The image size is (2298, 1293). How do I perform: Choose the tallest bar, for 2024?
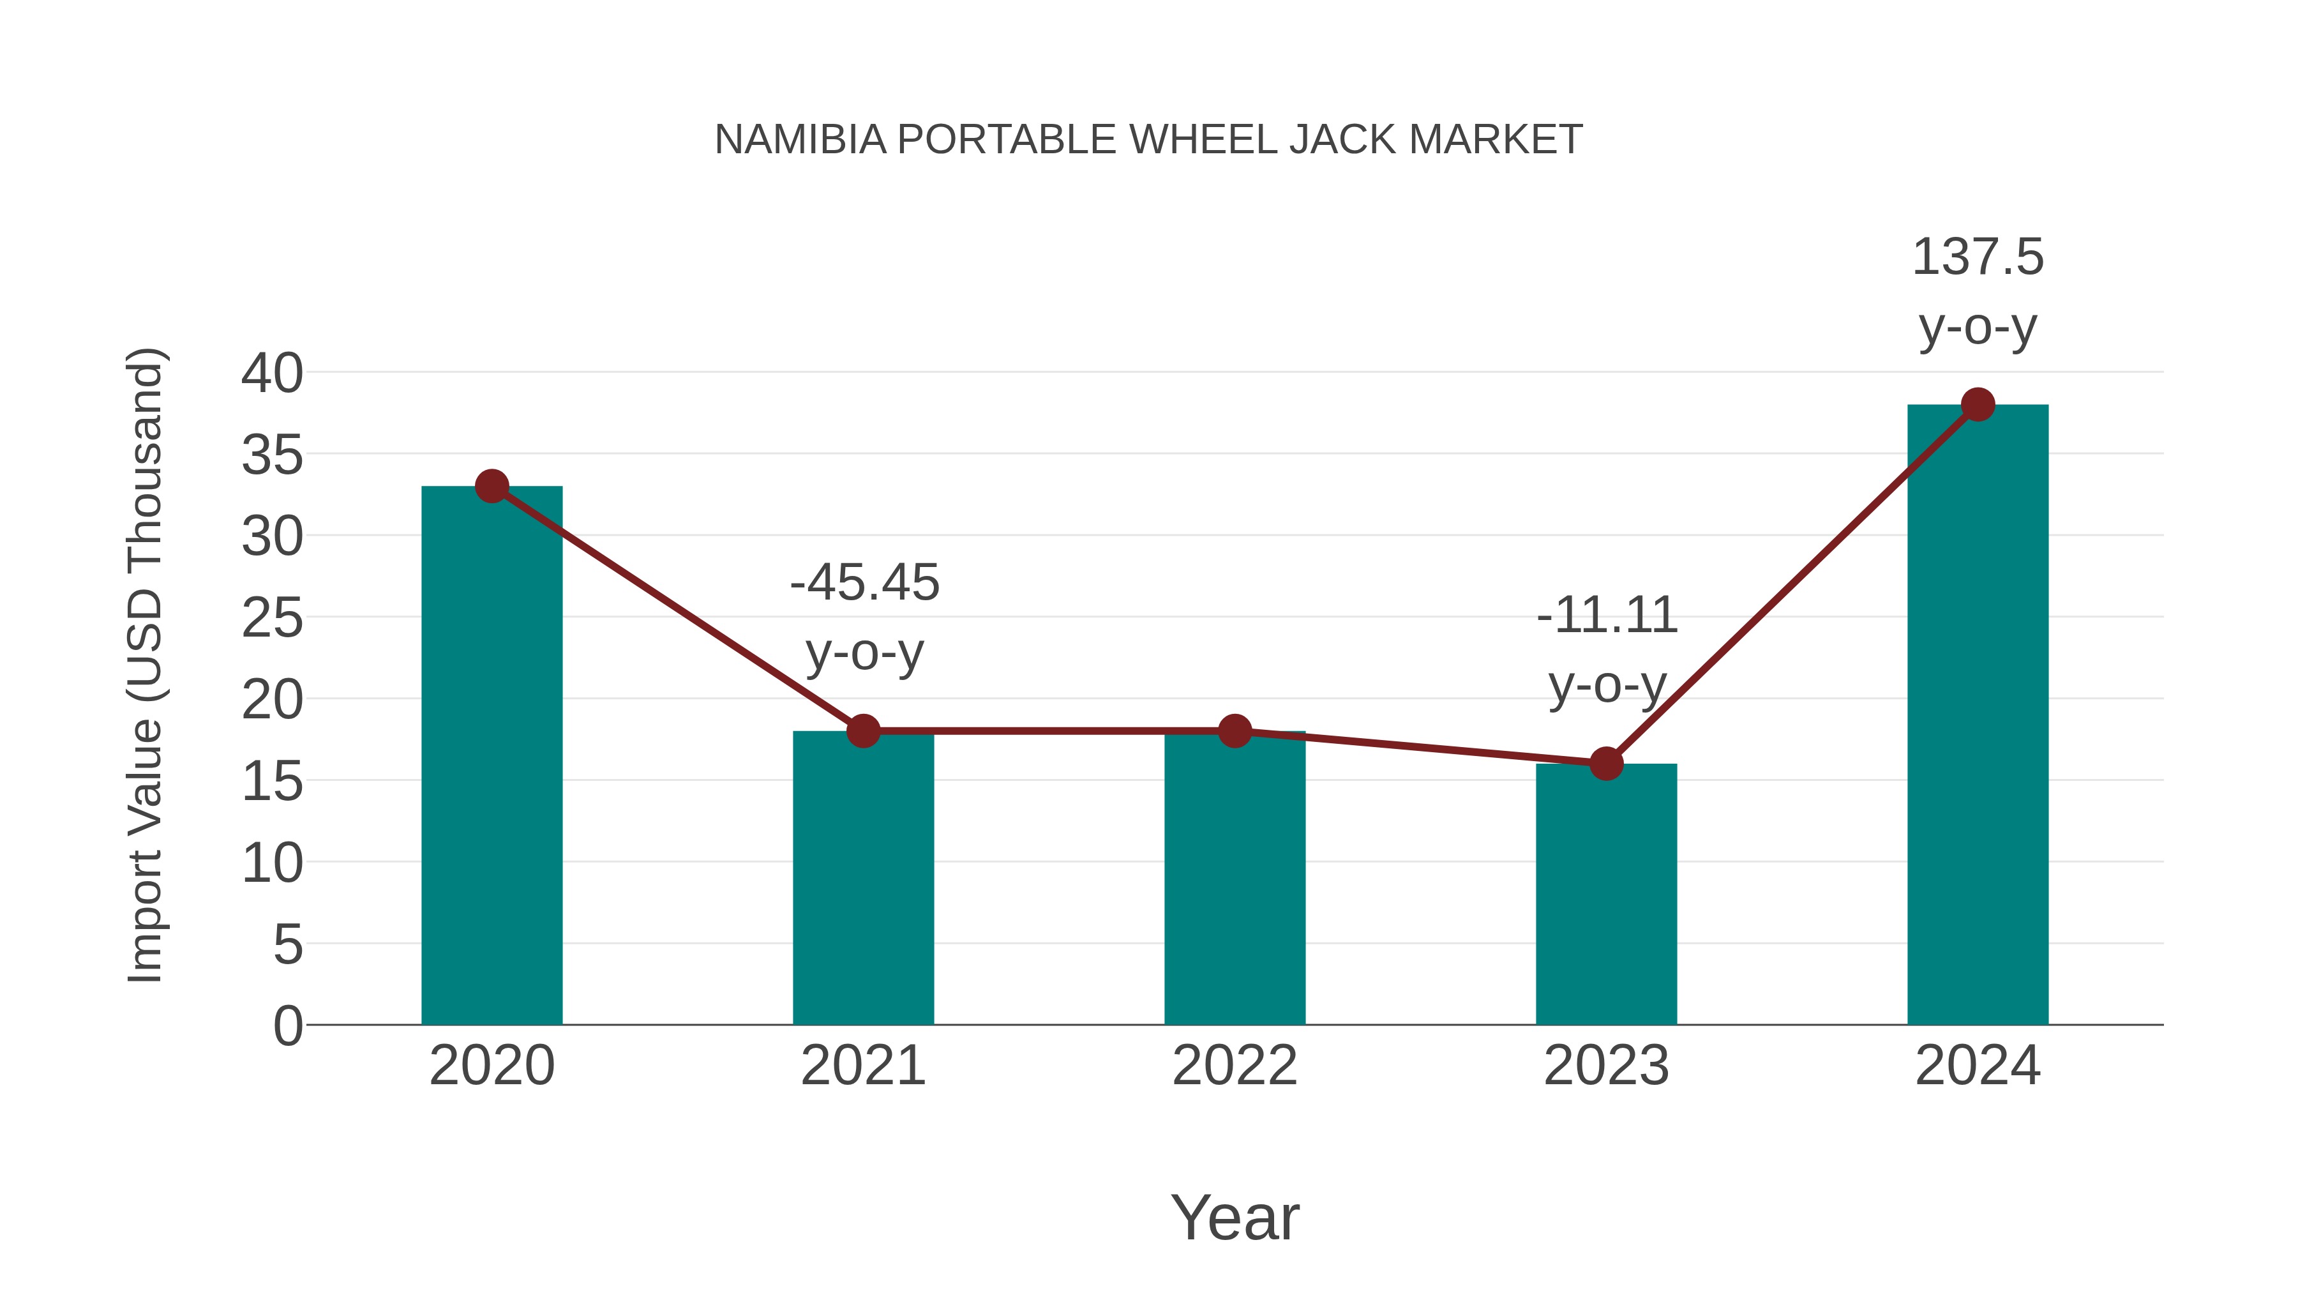(x=1977, y=714)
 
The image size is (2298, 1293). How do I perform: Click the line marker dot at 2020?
(x=492, y=487)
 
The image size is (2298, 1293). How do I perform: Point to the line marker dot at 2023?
(x=1606, y=764)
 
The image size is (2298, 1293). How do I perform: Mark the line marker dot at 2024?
(x=1978, y=404)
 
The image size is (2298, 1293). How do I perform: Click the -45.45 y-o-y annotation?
(x=864, y=616)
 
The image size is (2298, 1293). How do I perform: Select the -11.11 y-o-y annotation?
(x=1607, y=649)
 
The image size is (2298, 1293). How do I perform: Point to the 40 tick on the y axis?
(x=272, y=373)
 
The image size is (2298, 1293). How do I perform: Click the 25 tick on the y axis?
(x=272, y=617)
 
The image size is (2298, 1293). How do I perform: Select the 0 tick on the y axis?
(x=287, y=1025)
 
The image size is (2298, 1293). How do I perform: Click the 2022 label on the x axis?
(x=1234, y=1066)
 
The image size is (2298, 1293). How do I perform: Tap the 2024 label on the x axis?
(x=1977, y=1066)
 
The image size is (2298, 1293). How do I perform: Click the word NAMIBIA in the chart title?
(x=800, y=140)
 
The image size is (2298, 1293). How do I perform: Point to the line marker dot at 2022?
(x=1234, y=731)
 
